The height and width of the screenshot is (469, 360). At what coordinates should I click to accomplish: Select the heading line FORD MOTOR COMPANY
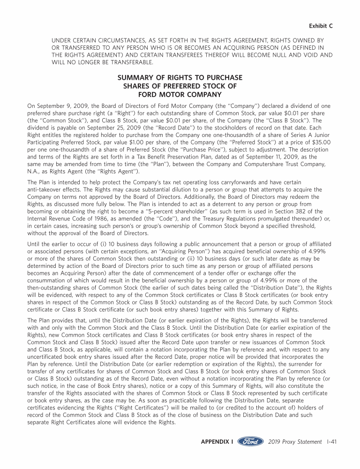180,94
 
